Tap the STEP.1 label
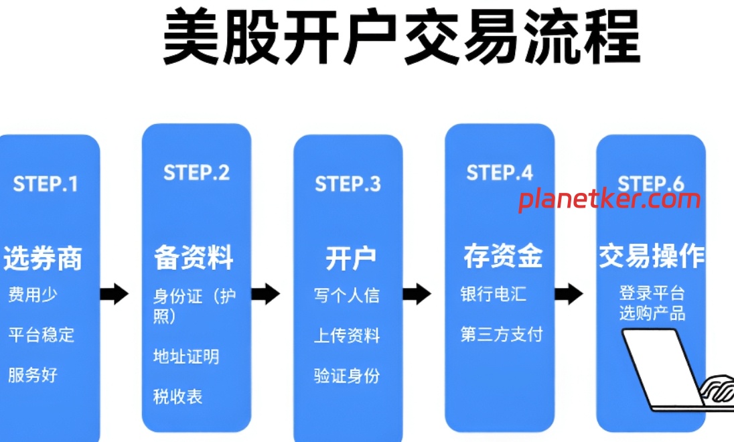click(x=46, y=184)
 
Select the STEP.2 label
click(x=196, y=172)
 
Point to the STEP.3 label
click(x=348, y=183)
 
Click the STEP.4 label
click(x=500, y=172)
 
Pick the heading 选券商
click(x=42, y=259)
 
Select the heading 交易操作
click(x=651, y=256)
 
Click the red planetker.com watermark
click(x=609, y=199)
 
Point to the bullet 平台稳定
click(x=41, y=334)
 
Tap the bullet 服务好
click(x=33, y=374)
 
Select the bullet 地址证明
click(x=186, y=356)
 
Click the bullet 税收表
click(x=177, y=396)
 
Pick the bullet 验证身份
click(x=346, y=376)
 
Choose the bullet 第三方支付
click(x=502, y=334)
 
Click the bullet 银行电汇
click(x=493, y=294)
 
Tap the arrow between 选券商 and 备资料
click(x=114, y=293)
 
